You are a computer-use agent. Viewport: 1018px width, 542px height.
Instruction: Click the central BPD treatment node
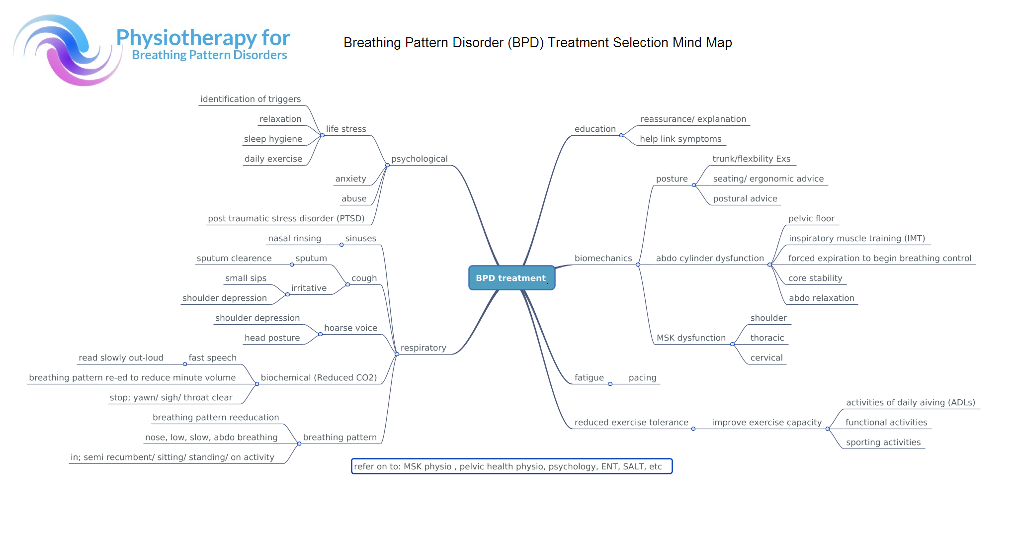(511, 277)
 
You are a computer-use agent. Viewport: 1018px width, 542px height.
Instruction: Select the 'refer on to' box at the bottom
(511, 466)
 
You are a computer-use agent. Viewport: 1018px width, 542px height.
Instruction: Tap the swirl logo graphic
(67, 50)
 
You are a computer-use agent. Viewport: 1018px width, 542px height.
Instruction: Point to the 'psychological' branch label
(420, 159)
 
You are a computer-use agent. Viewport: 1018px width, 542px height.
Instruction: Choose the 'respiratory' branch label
(424, 348)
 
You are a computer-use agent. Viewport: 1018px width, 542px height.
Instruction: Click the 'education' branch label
(595, 129)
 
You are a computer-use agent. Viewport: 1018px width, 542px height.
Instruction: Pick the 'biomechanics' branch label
(603, 258)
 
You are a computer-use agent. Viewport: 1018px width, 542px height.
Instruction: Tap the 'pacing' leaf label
(642, 377)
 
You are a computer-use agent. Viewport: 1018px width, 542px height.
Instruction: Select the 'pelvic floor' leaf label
(811, 218)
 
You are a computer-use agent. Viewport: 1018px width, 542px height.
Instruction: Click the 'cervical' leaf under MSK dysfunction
(766, 358)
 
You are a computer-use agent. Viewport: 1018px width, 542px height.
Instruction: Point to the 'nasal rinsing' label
(295, 238)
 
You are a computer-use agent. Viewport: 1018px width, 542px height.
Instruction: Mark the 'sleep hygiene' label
(273, 139)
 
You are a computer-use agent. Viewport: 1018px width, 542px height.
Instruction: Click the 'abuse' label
(354, 198)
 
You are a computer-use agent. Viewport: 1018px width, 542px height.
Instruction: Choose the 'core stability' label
(815, 278)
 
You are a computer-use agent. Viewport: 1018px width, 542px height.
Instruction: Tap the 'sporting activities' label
(883, 442)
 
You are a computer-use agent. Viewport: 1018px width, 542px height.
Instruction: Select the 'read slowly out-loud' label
(121, 358)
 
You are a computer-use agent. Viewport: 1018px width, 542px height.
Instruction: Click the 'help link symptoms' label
(680, 139)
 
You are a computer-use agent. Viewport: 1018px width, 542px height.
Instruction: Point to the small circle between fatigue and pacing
(610, 384)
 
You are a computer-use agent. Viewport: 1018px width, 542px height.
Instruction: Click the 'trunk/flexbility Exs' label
(751, 159)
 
